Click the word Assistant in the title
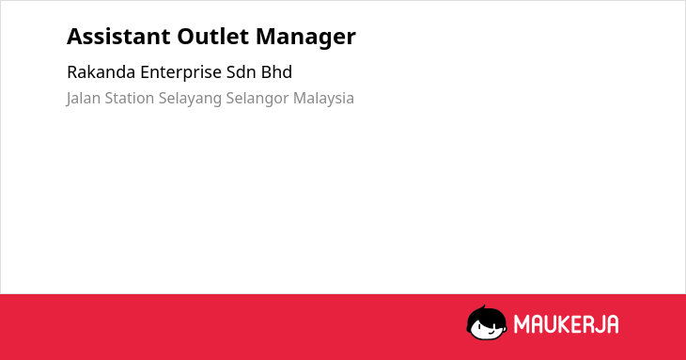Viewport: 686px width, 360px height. tap(118, 37)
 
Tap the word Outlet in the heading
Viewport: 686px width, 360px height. tap(213, 37)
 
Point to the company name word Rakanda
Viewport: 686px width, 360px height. tap(101, 72)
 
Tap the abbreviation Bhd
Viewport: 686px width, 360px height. tap(276, 72)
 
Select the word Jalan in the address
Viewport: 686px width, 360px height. tap(83, 99)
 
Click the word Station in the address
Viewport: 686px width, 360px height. tap(130, 98)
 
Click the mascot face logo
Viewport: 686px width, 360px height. tap(487, 322)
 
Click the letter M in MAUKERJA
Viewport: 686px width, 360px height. tap(521, 324)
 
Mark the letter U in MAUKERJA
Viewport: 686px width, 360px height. tap(550, 324)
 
